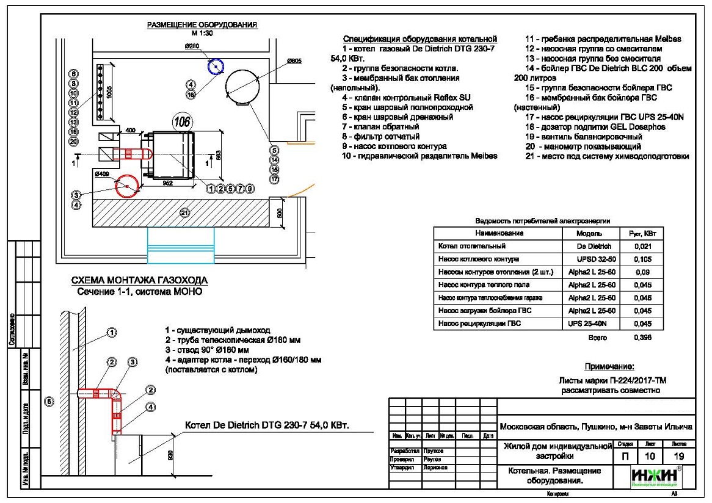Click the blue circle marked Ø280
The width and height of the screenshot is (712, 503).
pyautogui.click(x=215, y=66)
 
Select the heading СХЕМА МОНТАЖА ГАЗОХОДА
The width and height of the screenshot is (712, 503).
pyautogui.click(x=140, y=280)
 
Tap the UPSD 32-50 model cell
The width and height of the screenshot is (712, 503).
pyautogui.click(x=590, y=259)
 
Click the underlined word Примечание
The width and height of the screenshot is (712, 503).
pyautogui.click(x=609, y=367)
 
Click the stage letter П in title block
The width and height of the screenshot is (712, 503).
pyautogui.click(x=624, y=456)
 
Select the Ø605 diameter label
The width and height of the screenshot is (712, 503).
pyautogui.click(x=294, y=61)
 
